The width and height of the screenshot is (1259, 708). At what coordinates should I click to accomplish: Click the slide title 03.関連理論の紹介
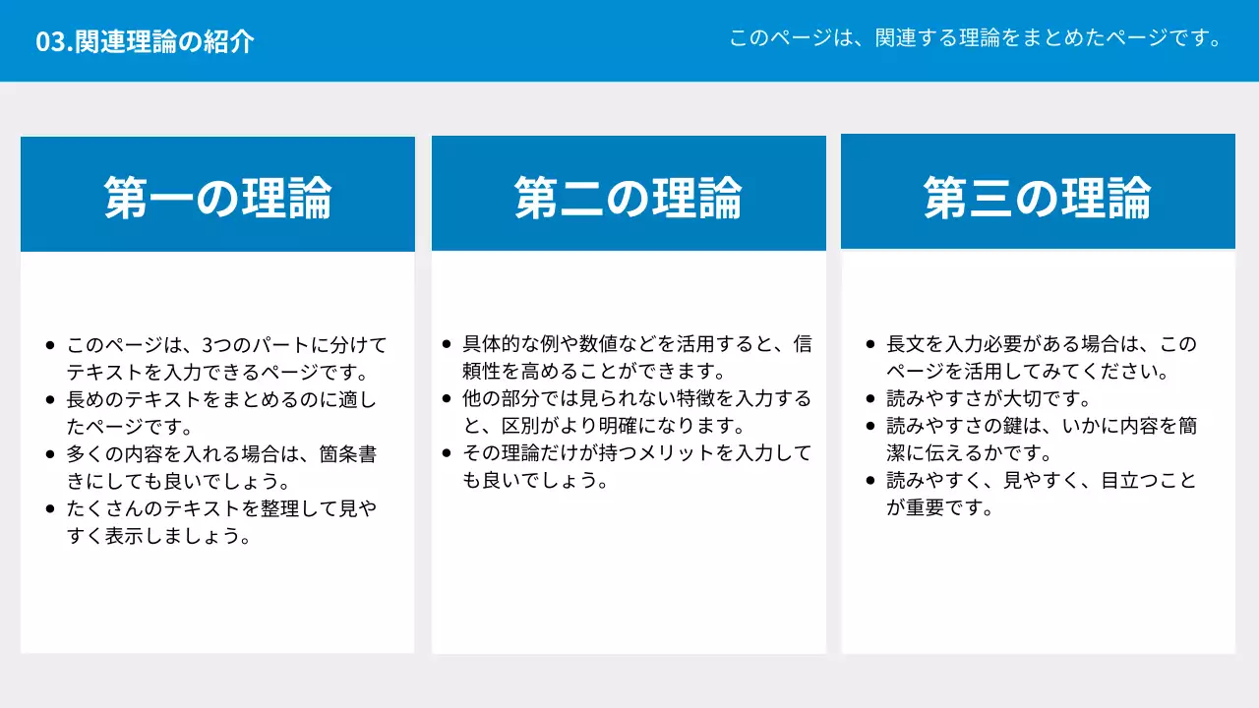coord(145,41)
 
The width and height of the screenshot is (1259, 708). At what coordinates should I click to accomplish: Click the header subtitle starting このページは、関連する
coord(975,38)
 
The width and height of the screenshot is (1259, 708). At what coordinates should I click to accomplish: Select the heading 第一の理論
coord(217,198)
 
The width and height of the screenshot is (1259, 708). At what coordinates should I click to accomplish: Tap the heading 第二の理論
coord(629,198)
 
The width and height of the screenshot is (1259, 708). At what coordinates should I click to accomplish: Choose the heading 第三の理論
coord(1038,198)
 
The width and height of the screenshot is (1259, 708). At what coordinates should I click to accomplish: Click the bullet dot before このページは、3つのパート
coord(50,345)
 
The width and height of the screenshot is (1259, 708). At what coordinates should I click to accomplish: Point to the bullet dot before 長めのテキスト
coord(50,400)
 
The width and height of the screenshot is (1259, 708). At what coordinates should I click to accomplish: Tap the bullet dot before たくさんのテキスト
coord(50,509)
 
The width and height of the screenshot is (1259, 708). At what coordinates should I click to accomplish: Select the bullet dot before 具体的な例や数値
coord(447,344)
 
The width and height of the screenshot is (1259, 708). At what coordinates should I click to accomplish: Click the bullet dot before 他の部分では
coord(447,398)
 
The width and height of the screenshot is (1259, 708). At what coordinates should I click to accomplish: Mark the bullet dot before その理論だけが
coord(447,453)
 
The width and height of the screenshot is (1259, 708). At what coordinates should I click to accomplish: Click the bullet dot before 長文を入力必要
coord(870,344)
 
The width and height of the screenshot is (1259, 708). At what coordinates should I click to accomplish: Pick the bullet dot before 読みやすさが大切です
coord(870,398)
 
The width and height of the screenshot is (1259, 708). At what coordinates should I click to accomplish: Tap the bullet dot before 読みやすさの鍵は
coord(870,426)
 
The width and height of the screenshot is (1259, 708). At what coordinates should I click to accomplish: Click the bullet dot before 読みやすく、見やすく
coord(870,481)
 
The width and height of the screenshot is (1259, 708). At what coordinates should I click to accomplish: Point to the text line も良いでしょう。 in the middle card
coord(532,481)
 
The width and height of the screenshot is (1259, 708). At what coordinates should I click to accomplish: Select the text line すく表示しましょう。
coord(157,537)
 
